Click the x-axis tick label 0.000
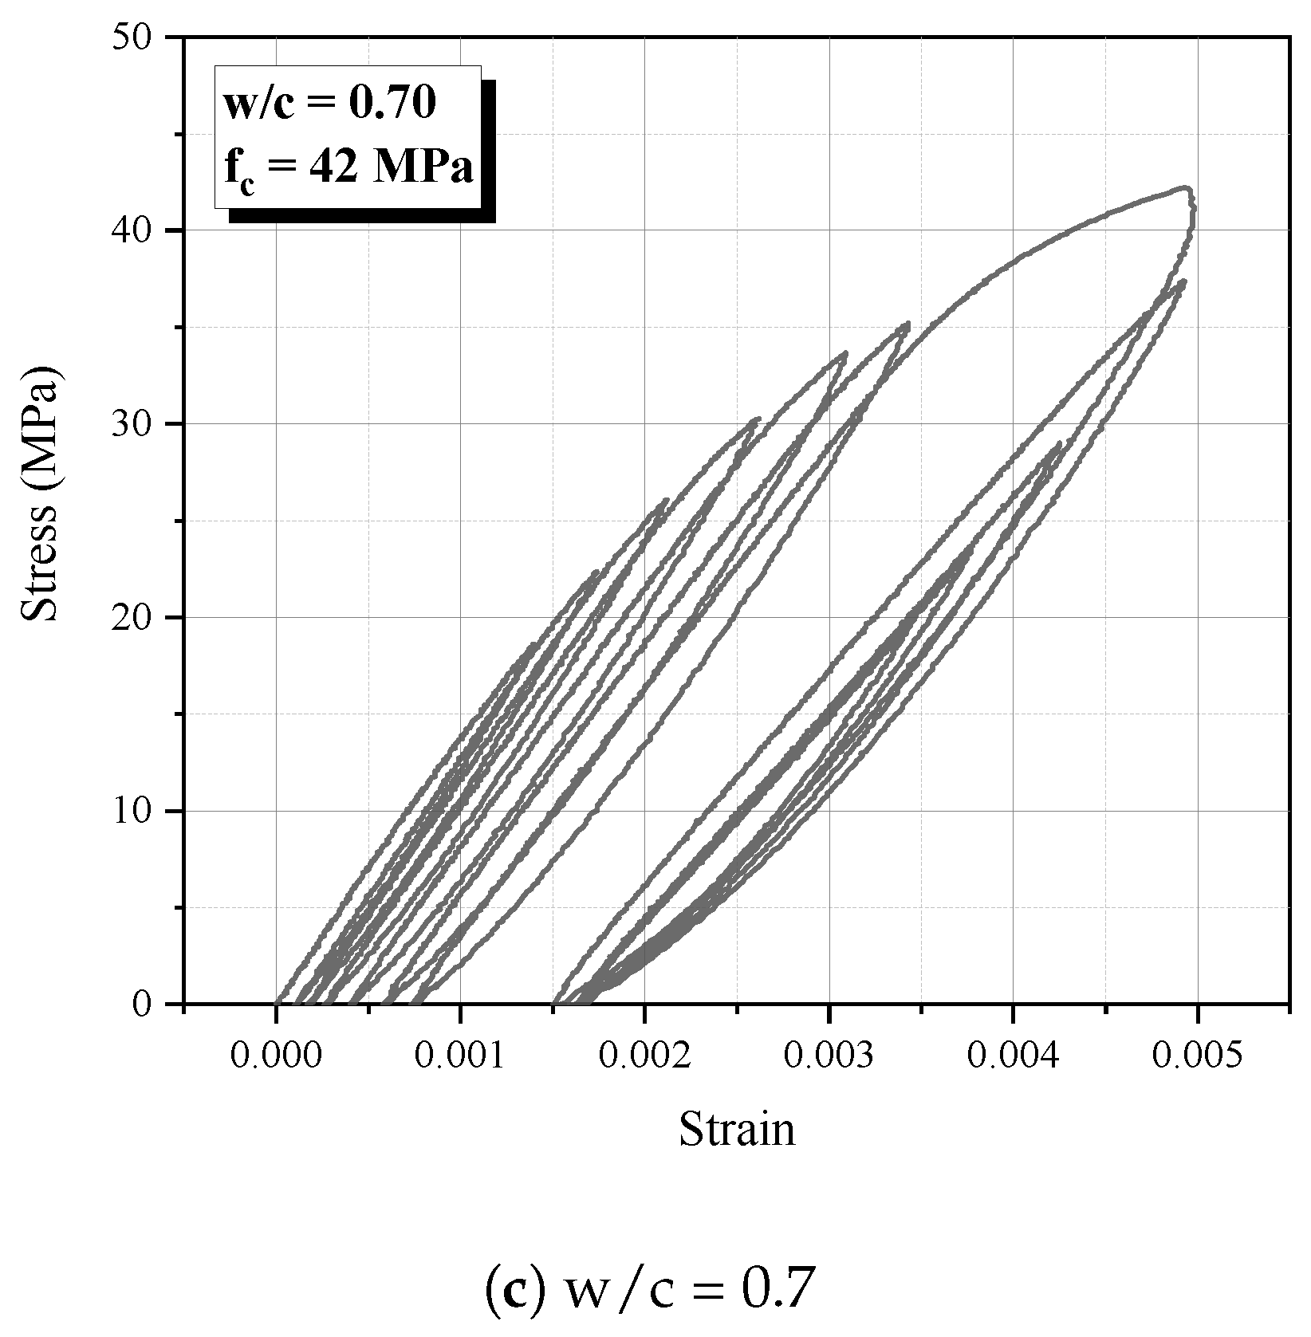point(276,1056)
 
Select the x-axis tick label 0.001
point(460,1056)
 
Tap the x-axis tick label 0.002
point(644,1056)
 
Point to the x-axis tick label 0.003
point(829,1056)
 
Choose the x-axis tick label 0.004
point(1013,1056)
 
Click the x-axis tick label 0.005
point(1197,1056)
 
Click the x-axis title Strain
point(737,1131)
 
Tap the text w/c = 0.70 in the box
point(329,104)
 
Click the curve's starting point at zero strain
point(277,1002)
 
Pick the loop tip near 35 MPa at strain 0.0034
point(907,324)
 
